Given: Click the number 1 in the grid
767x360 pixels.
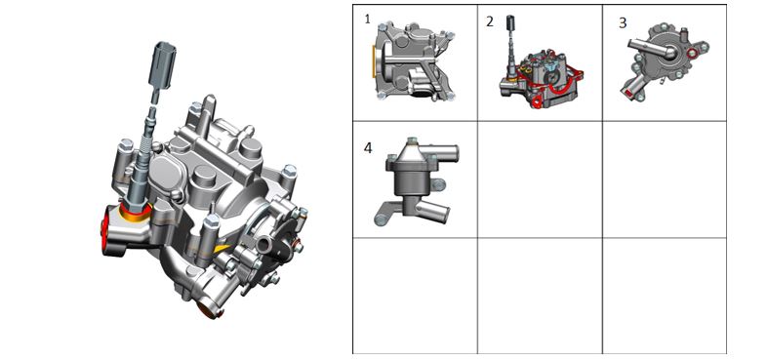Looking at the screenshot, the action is pyautogui.click(x=368, y=20).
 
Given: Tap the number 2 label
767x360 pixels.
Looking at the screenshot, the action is pyautogui.click(x=490, y=21).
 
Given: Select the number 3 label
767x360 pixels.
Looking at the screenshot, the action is pyautogui.click(x=623, y=23).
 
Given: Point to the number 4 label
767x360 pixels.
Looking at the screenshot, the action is pyautogui.click(x=368, y=147).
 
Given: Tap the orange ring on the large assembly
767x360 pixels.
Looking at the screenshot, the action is pyautogui.click(x=136, y=214).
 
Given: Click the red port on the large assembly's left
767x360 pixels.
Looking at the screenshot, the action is pyautogui.click(x=104, y=229).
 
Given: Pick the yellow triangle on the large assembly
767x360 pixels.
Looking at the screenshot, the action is pyautogui.click(x=221, y=250).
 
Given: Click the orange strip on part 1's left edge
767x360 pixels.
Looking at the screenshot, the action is pyautogui.click(x=374, y=61).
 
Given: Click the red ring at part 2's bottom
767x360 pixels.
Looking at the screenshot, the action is pyautogui.click(x=536, y=102).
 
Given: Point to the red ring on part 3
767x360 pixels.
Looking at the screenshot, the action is pyautogui.click(x=693, y=53).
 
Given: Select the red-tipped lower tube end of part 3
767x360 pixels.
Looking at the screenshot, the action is pyautogui.click(x=628, y=92).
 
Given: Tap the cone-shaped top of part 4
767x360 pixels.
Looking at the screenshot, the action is pyautogui.click(x=412, y=150).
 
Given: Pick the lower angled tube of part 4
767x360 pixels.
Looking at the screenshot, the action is pyautogui.click(x=432, y=211).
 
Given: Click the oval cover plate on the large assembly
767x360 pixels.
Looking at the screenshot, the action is pyautogui.click(x=163, y=171).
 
